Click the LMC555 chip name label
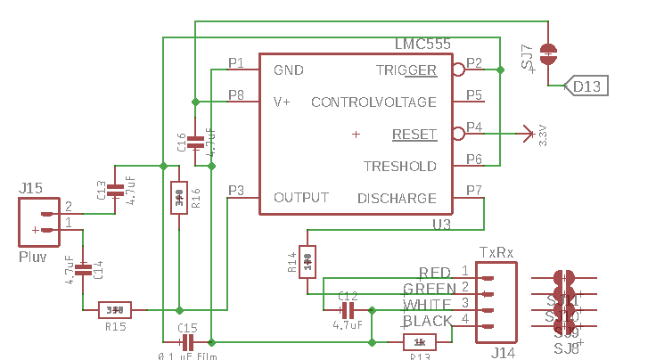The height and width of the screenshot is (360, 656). click(x=422, y=44)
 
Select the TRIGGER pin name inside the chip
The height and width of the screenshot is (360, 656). click(x=406, y=70)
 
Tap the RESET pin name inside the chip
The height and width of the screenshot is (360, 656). click(x=414, y=135)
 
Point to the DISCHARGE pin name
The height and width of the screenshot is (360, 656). click(x=397, y=198)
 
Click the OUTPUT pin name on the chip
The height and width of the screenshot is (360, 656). click(x=301, y=197)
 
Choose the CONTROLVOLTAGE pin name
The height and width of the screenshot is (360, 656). click(x=373, y=102)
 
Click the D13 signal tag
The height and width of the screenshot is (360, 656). click(x=587, y=86)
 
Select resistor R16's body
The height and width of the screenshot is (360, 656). click(x=179, y=198)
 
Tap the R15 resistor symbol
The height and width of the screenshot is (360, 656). click(x=115, y=310)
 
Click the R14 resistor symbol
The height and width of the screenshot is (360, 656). click(x=307, y=261)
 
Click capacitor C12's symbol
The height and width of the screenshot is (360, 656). click(x=348, y=310)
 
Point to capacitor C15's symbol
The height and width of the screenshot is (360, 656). click(x=187, y=342)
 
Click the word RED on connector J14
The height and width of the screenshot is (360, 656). click(x=435, y=272)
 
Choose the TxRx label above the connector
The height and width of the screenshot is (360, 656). click(x=496, y=252)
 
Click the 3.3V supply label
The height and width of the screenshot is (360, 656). click(x=543, y=136)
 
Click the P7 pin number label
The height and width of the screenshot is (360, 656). click(x=474, y=190)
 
